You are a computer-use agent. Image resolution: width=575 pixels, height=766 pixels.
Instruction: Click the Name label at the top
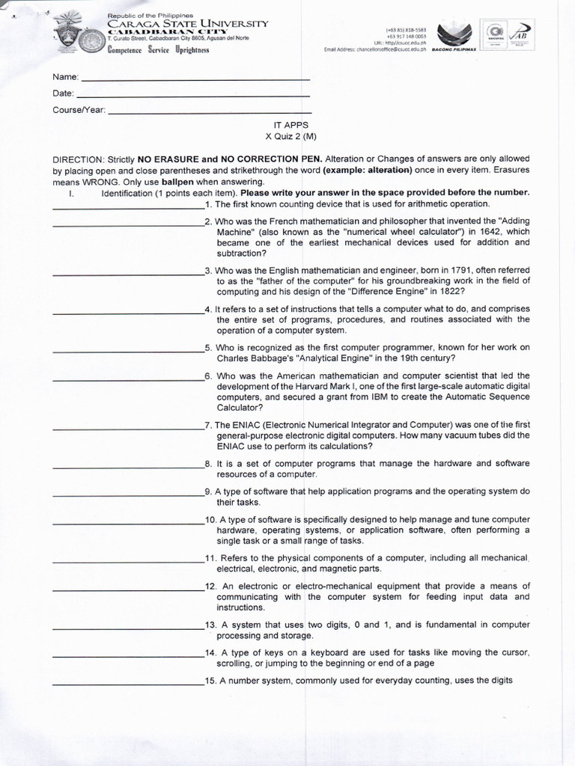tap(64, 77)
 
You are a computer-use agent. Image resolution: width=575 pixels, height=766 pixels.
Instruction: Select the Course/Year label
tap(79, 110)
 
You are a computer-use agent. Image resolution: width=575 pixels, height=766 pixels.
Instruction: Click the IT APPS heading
tap(291, 126)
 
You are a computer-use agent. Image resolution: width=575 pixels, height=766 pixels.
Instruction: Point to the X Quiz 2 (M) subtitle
tap(291, 137)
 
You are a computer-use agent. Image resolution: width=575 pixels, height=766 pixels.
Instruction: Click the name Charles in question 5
tap(233, 358)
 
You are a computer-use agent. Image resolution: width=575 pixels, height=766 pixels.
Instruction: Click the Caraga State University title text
tap(187, 24)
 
